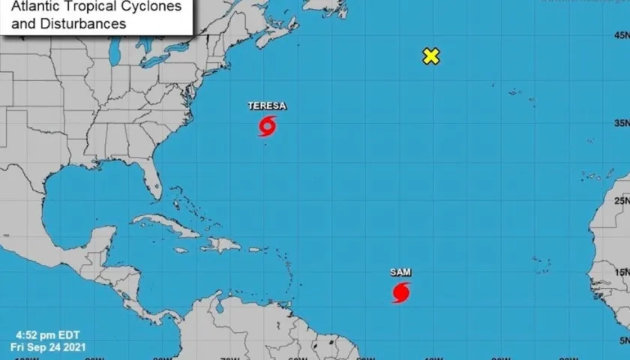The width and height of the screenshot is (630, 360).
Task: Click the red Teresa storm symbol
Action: tap(267, 126)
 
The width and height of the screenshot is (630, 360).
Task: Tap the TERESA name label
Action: tap(267, 106)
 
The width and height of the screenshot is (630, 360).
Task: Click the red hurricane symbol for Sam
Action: tap(400, 292)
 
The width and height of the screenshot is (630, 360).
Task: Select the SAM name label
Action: tap(400, 272)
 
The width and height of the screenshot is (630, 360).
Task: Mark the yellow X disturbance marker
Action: tap(430, 56)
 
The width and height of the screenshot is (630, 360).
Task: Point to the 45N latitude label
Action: tap(620, 35)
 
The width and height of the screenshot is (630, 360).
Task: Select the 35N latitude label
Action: tap(620, 123)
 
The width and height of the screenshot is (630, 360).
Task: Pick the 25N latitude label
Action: tap(620, 200)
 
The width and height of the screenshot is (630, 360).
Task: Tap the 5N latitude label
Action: tap(622, 343)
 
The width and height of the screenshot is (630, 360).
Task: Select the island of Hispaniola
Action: tap(221, 244)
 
